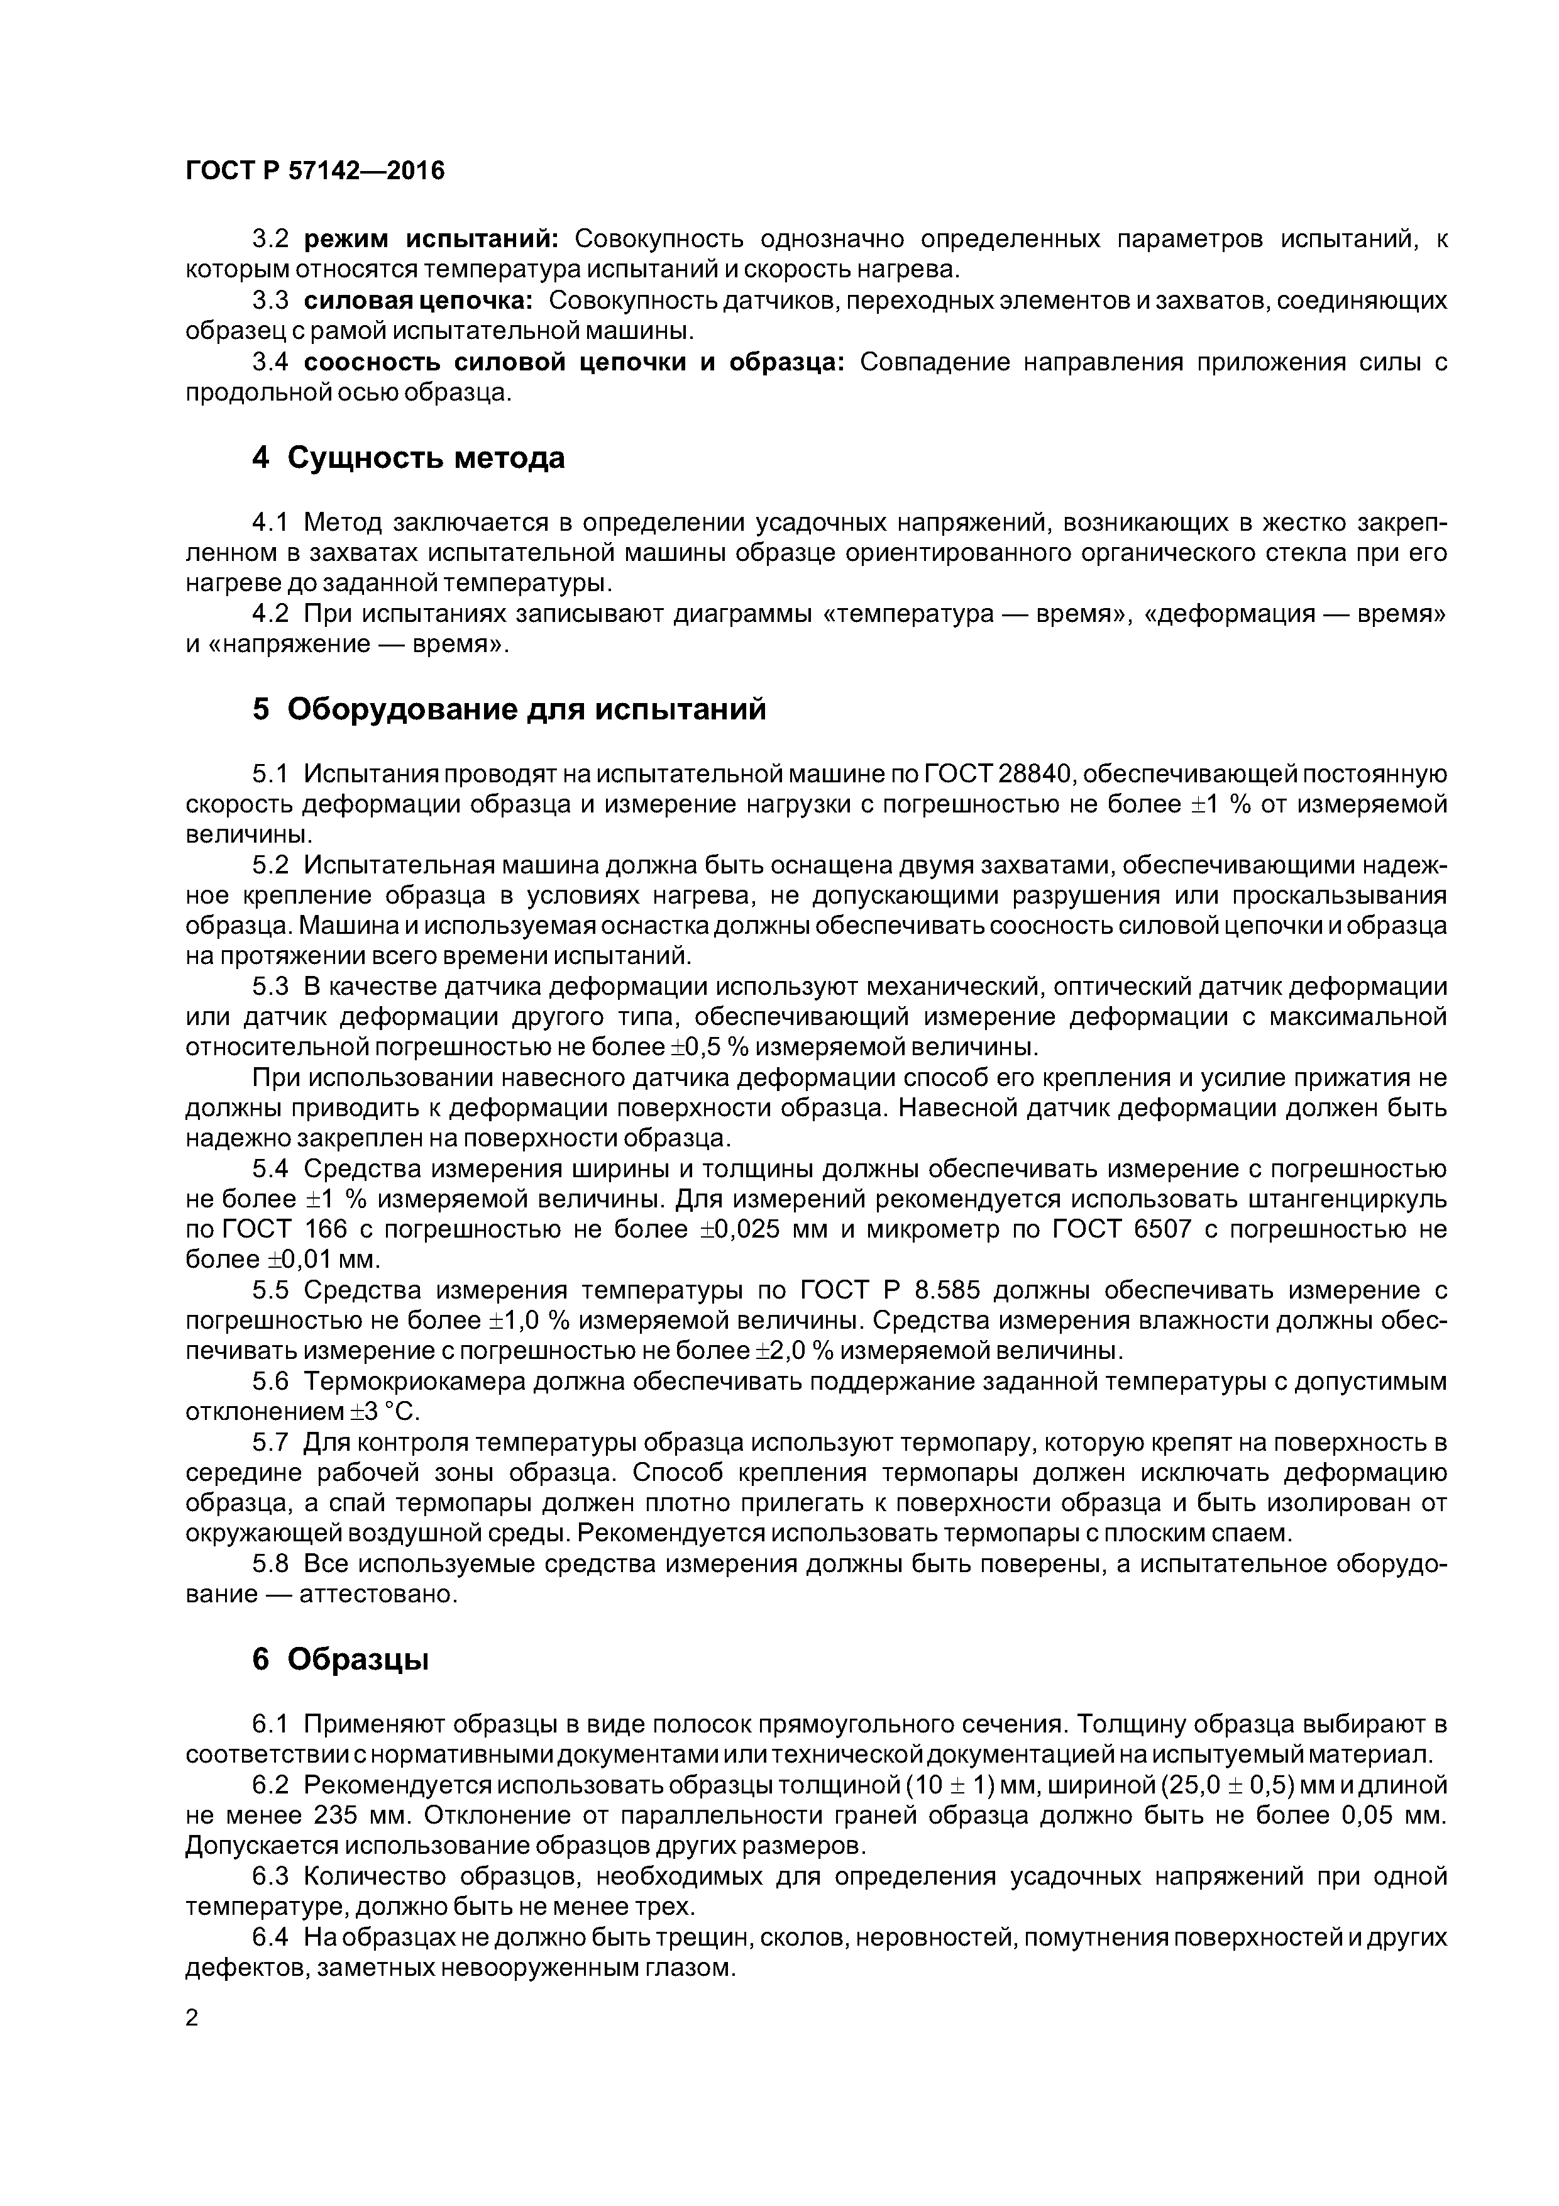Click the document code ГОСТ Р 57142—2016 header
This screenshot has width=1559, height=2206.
point(315,171)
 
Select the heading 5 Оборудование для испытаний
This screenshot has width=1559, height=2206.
point(509,709)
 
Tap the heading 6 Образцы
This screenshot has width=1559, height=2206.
point(340,1660)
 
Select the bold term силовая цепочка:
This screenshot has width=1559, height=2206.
point(419,300)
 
